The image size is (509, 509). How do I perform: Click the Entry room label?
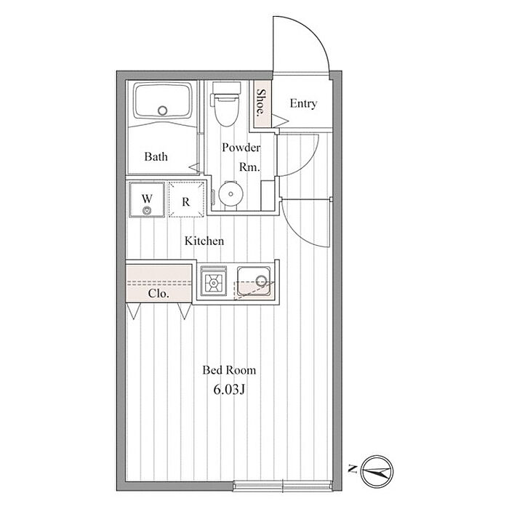tap(303, 104)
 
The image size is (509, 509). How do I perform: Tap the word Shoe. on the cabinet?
tap(261, 103)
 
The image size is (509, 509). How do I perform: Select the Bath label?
tap(156, 157)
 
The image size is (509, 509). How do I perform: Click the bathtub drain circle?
tap(162, 111)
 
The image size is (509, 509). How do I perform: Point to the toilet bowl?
tap(227, 109)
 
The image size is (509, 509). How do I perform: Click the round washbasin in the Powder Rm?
tap(231, 194)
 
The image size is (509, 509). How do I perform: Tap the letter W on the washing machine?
tap(147, 198)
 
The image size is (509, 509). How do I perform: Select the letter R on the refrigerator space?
tap(185, 202)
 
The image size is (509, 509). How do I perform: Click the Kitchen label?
tap(204, 241)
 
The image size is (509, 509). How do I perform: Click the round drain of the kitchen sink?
tap(261, 279)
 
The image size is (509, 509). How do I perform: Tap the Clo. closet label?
tap(159, 294)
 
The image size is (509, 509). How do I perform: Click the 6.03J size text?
tap(228, 390)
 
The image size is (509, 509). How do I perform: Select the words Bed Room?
tap(229, 370)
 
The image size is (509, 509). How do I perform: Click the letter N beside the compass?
tap(352, 469)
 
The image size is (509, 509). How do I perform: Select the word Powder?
tap(241, 148)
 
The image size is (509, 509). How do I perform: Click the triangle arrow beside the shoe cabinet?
tap(280, 121)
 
